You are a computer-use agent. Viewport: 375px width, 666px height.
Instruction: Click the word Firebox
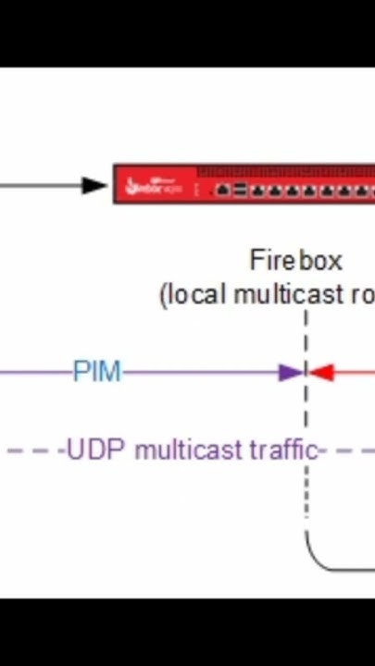click(x=295, y=261)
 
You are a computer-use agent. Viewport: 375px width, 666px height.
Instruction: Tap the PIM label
click(x=97, y=372)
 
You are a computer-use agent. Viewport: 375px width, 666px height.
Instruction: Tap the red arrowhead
click(x=320, y=373)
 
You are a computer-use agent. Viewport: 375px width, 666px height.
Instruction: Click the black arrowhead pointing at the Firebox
click(x=94, y=185)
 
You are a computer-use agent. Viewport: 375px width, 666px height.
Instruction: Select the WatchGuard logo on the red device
click(x=154, y=185)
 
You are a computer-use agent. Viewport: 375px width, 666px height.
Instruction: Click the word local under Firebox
click(x=196, y=295)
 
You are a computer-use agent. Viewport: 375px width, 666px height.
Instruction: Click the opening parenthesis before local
click(x=164, y=296)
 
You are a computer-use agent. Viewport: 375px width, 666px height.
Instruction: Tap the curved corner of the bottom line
click(x=315, y=560)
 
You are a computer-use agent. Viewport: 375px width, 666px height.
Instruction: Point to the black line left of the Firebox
click(x=37, y=185)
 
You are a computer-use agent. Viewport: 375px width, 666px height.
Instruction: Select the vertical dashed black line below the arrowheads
click(x=306, y=490)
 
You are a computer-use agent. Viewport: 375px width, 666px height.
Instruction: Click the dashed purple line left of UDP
click(x=32, y=450)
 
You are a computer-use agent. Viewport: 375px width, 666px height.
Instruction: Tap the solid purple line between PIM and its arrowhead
click(x=199, y=373)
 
